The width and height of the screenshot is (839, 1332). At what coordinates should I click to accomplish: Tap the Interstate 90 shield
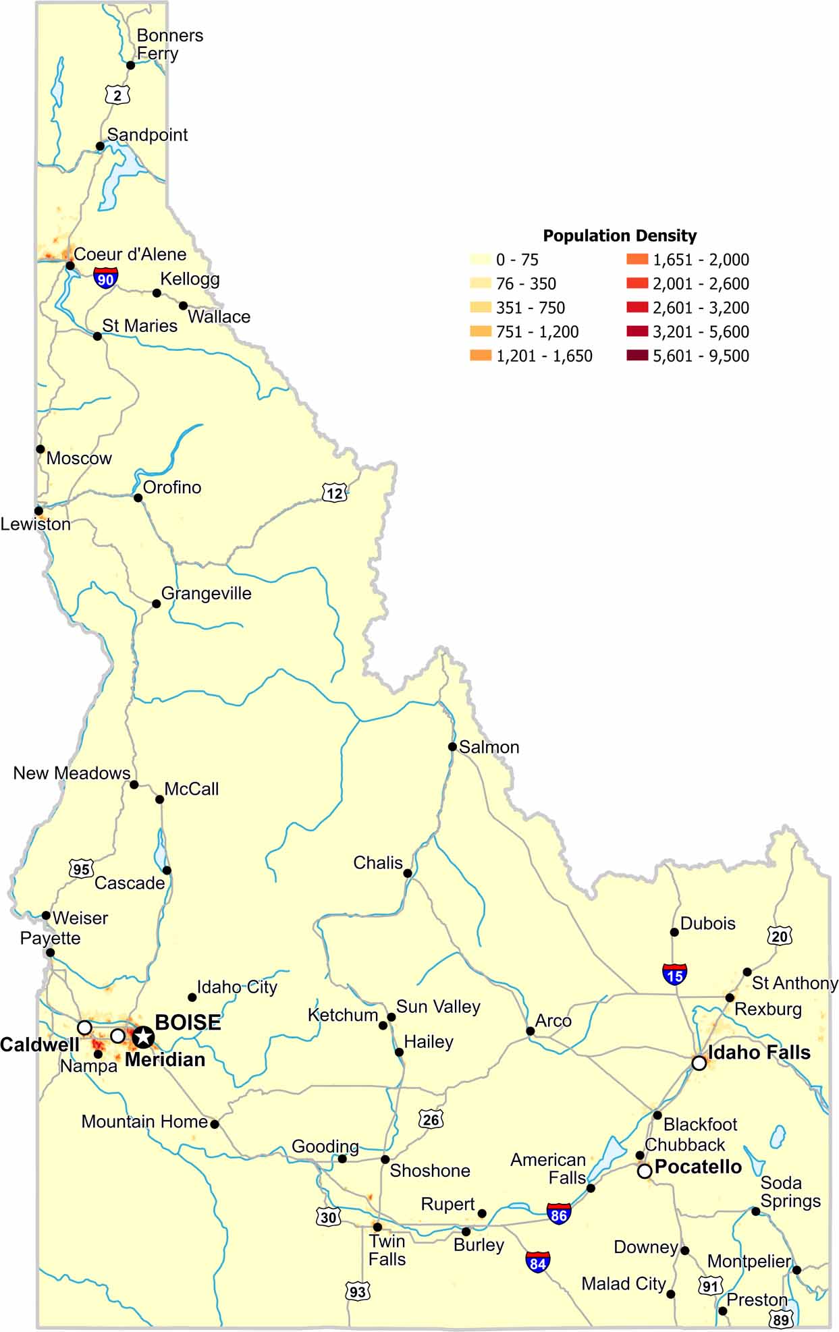point(105,278)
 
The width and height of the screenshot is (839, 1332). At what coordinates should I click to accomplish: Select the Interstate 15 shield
point(674,974)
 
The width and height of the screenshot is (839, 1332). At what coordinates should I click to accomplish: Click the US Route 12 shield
point(334,493)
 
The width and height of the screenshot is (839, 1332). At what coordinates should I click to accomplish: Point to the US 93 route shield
point(357,1292)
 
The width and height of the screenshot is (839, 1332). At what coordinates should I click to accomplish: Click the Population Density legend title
point(620,235)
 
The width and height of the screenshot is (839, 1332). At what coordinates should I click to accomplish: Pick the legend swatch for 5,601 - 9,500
point(637,355)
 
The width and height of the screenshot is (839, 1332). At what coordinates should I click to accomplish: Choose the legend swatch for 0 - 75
point(481,259)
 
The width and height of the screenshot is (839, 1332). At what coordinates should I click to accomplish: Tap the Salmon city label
point(489,747)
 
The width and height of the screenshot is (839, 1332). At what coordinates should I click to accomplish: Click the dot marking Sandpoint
point(100,146)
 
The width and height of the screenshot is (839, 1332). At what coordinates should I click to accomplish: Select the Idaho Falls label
point(759,1052)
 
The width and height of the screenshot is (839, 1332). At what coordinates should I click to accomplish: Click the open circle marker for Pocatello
point(645,1171)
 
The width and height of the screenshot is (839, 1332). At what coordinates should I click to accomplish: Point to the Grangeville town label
point(206,593)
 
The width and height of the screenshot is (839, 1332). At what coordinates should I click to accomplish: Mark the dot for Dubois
point(674,932)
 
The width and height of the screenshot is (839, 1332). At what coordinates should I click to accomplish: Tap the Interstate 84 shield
point(537,1262)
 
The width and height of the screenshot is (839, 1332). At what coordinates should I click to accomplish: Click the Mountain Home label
point(144,1121)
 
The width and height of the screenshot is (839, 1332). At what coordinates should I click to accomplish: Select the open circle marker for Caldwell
point(84,1027)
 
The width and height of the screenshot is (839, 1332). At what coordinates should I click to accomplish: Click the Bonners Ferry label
point(169,45)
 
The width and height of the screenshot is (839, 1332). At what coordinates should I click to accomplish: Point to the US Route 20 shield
point(779,936)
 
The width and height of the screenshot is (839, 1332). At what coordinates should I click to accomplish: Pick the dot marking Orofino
point(138,497)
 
